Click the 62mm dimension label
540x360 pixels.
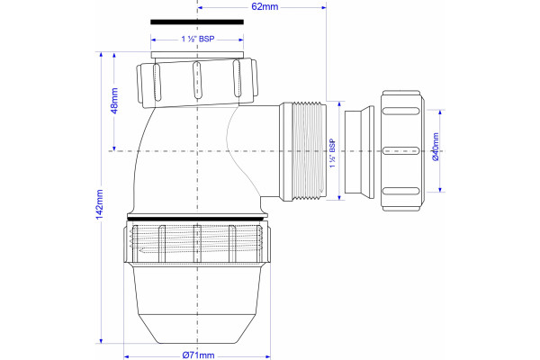pos(265,6)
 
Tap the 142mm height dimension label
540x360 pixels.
pos(99,204)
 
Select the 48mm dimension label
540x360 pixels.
pos(114,101)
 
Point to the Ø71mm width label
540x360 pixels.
pos(198,355)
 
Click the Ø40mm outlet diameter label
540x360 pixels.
pos(436,147)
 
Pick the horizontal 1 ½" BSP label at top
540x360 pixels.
pos(198,39)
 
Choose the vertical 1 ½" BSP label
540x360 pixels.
pos(332,153)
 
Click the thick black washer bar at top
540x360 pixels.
pos(197,22)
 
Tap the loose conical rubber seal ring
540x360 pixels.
pos(359,152)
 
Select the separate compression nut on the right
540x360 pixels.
pos(402,150)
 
